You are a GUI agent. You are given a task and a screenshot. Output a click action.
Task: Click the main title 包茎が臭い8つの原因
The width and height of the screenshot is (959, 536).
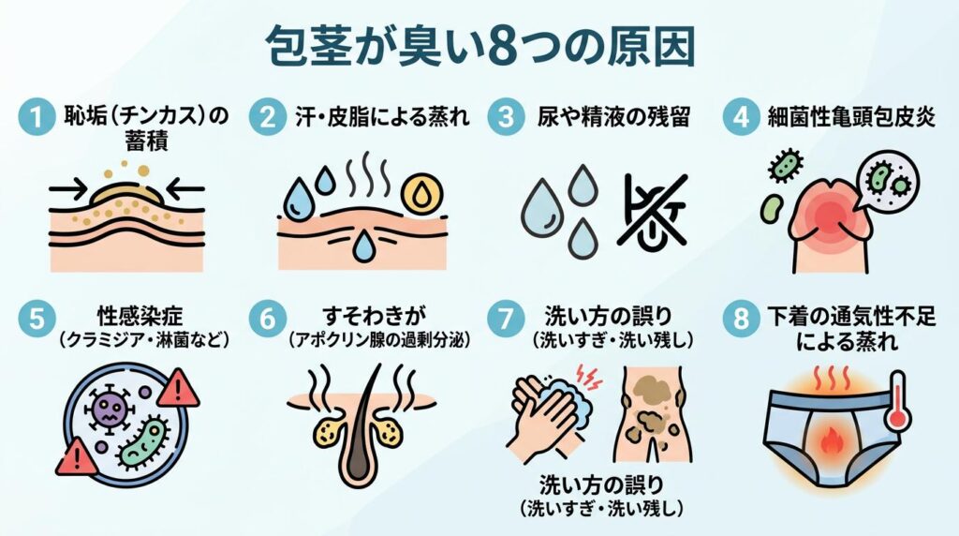(x=480, y=47)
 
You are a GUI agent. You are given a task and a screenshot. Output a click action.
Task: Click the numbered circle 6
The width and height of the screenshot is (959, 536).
(x=267, y=319)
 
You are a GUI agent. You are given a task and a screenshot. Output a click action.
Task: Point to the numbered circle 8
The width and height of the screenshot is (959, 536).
(x=742, y=319)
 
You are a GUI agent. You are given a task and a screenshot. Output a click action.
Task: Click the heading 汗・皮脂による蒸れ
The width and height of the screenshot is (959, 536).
(x=383, y=117)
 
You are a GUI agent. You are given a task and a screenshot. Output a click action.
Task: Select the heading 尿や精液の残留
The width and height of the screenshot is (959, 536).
(x=613, y=117)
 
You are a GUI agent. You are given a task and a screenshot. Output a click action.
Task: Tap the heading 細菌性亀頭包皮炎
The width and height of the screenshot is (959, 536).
(x=852, y=117)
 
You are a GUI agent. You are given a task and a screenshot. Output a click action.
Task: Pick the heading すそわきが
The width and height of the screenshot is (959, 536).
(x=374, y=317)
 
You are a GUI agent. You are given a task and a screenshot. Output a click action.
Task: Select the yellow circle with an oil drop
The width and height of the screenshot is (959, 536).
(x=421, y=194)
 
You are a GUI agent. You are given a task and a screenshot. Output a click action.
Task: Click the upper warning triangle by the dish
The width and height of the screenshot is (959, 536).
(x=179, y=389)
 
